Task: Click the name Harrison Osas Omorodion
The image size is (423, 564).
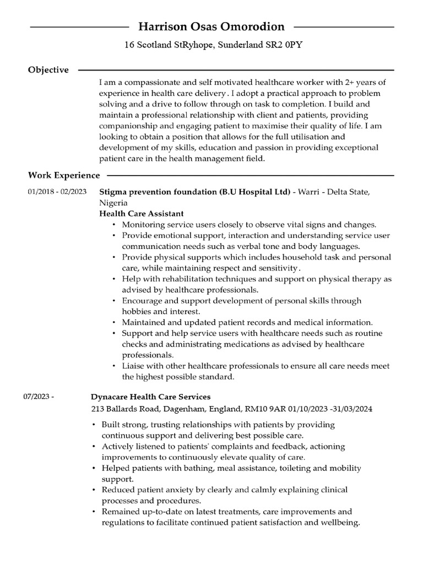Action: point(211,26)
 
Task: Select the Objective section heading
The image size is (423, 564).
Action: point(48,70)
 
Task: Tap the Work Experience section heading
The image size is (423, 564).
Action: point(64,175)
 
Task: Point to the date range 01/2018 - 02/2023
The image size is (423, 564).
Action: point(57,192)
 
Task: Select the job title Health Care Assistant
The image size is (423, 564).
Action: point(142,213)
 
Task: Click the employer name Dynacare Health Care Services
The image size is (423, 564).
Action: point(150,397)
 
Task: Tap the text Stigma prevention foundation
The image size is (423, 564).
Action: point(158,192)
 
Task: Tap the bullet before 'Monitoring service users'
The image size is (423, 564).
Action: point(113,225)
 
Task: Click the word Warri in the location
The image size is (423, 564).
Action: point(312,192)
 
